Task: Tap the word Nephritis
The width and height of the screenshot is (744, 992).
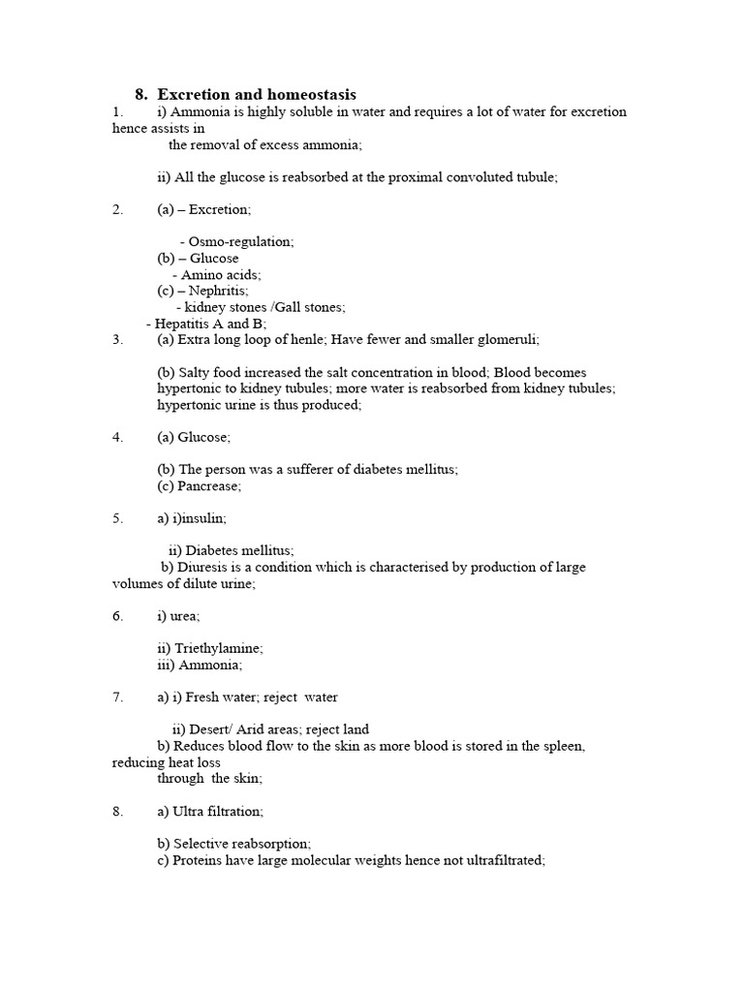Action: point(218,290)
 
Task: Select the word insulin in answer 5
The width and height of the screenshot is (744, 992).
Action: point(200,518)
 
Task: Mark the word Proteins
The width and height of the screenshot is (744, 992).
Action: point(198,859)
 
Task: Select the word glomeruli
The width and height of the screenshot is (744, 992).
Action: point(505,339)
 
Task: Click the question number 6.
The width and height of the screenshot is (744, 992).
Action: point(117,616)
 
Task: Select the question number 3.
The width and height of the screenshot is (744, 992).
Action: point(117,339)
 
